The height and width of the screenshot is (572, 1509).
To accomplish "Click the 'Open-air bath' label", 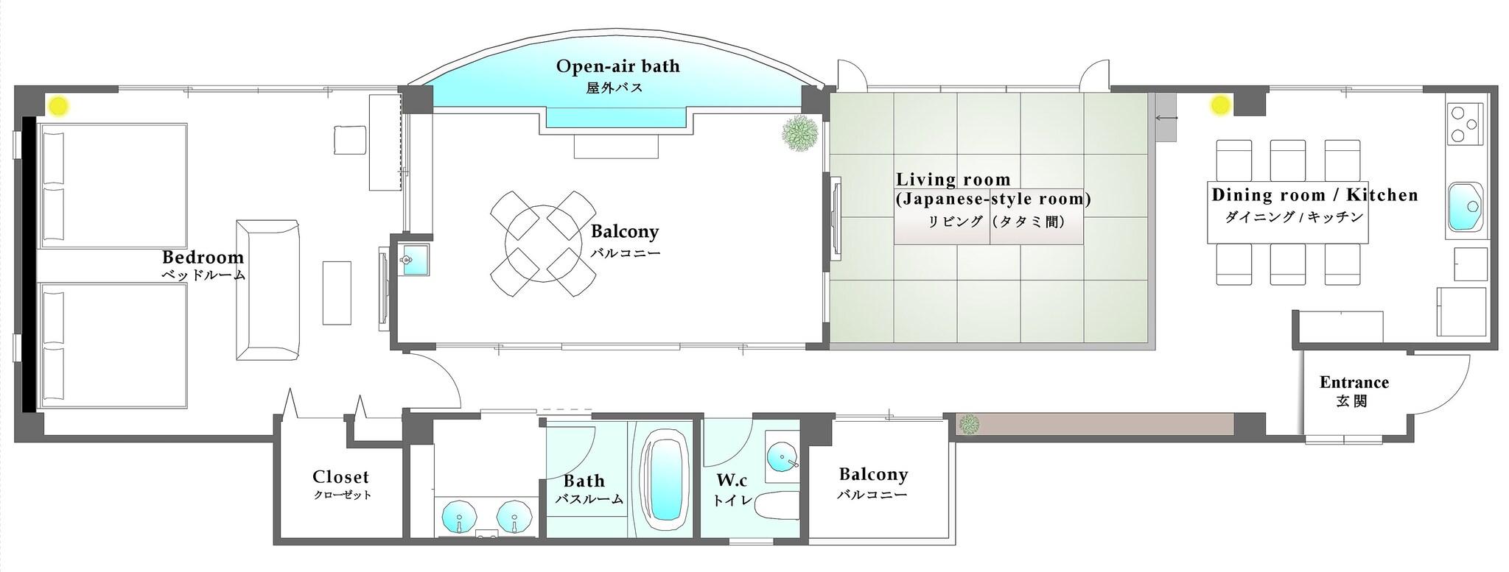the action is pyautogui.click(x=617, y=67).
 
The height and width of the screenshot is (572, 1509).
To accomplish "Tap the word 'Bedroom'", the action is pyautogui.click(x=203, y=258).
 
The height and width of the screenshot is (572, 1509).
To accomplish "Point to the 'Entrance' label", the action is pyautogui.click(x=1354, y=383).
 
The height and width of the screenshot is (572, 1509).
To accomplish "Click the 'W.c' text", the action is pyautogui.click(x=732, y=481).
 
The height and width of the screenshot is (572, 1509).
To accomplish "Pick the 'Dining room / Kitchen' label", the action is pyautogui.click(x=1314, y=195).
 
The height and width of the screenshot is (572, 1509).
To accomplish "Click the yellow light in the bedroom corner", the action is pyautogui.click(x=59, y=106).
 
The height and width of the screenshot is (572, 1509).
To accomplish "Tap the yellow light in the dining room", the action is pyautogui.click(x=1220, y=106).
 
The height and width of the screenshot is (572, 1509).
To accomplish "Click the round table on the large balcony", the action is pyautogui.click(x=544, y=243).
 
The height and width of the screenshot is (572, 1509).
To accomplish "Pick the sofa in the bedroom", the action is pyautogui.click(x=268, y=289).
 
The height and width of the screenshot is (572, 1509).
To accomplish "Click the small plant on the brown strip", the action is pyautogui.click(x=969, y=423).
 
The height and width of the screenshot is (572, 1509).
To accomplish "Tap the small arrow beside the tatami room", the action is pyautogui.click(x=1166, y=118).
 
